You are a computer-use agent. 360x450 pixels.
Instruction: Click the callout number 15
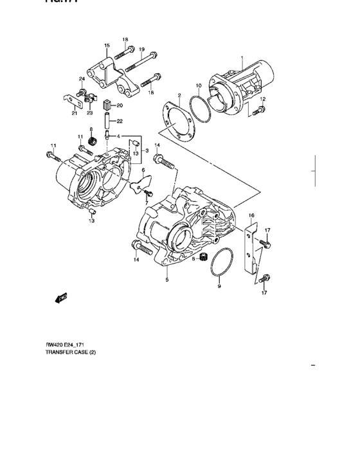pyautogui.click(x=107, y=45)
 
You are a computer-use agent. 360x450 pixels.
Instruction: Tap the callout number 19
pyautogui.click(x=141, y=50)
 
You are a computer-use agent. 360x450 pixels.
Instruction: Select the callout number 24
pyautogui.click(x=82, y=79)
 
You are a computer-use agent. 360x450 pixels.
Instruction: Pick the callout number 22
pyautogui.click(x=120, y=120)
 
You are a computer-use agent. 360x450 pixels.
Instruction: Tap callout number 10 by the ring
pyautogui.click(x=199, y=85)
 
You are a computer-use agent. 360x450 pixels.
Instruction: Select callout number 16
pyautogui.click(x=252, y=215)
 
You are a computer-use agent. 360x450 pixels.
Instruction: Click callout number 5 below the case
pyautogui.click(x=166, y=281)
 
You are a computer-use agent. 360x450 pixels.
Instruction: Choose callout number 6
pyautogui.click(x=143, y=170)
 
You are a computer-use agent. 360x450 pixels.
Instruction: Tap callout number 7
pyautogui.click(x=146, y=202)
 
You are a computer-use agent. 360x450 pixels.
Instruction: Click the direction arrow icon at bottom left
pyautogui.click(x=62, y=296)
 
